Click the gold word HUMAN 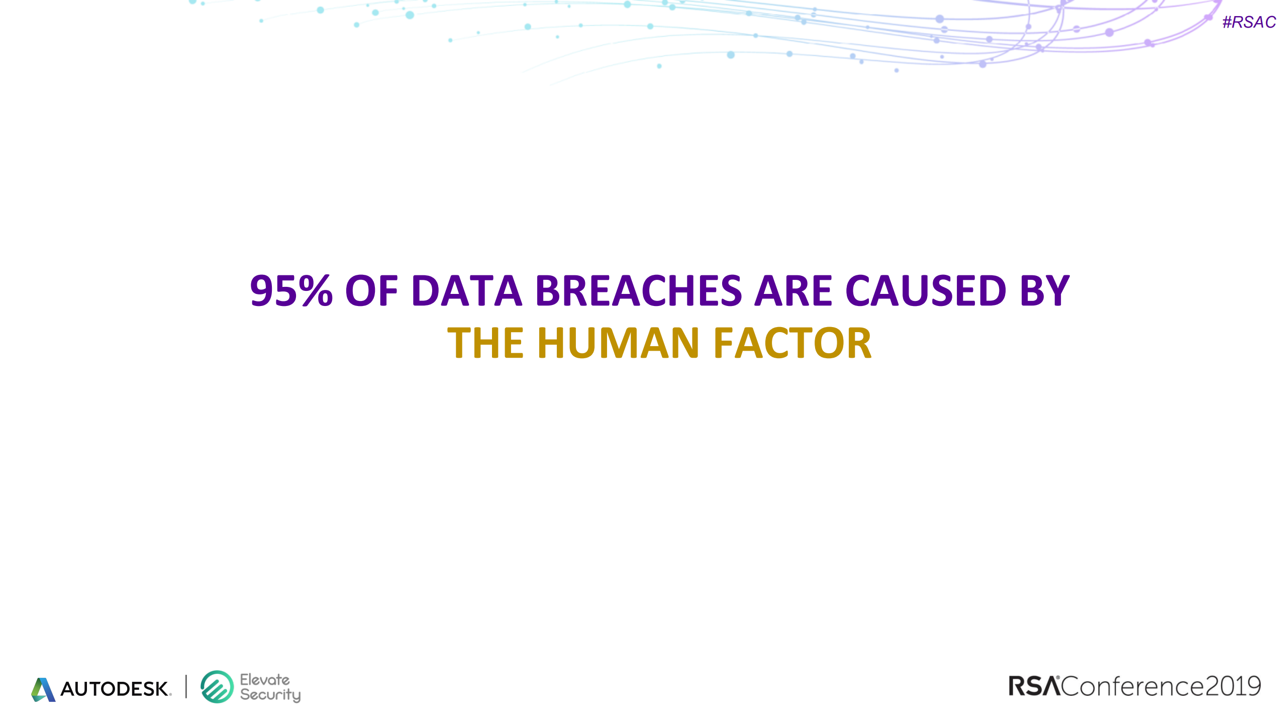[619, 343]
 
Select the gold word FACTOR [793, 343]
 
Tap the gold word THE [486, 343]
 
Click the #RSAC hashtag [1249, 22]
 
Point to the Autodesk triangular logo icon [43, 689]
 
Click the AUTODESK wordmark [116, 689]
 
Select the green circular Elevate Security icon [217, 687]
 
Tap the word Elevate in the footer [265, 680]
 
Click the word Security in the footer [270, 695]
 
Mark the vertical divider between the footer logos [186, 686]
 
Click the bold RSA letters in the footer [1034, 686]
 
